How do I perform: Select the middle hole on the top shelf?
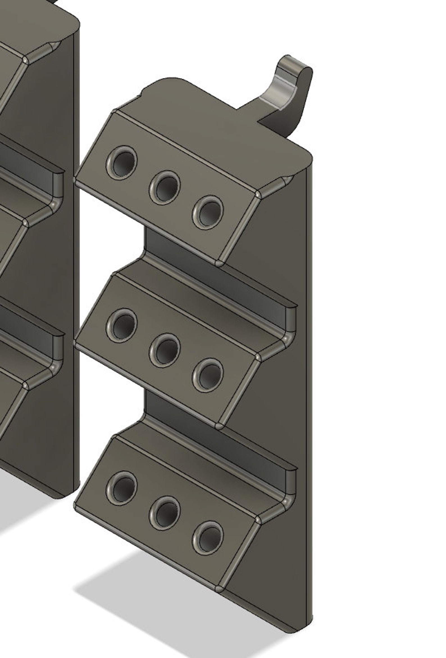point(165,187)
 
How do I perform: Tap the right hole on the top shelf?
point(208,212)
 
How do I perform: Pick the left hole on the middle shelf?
point(122,325)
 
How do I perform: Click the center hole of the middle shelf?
point(165,350)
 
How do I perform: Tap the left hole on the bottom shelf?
point(122,488)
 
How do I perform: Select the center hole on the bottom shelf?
point(165,513)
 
